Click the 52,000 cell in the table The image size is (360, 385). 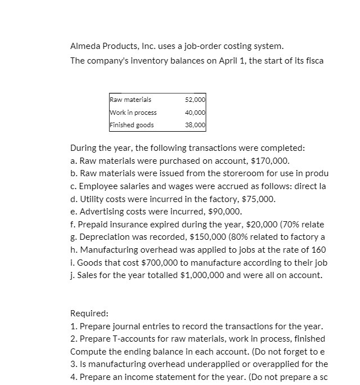(195, 100)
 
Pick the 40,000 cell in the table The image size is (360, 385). (195, 113)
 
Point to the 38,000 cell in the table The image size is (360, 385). (195, 125)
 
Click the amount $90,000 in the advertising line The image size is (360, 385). (224, 212)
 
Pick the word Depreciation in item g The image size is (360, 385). (102, 237)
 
